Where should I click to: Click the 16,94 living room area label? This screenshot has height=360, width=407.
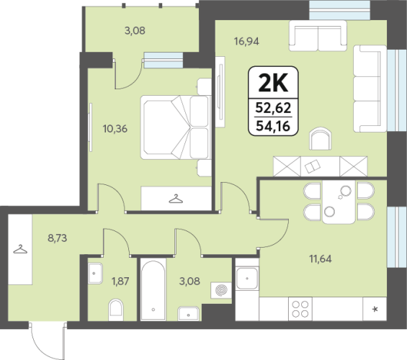pyautogui.click(x=246, y=41)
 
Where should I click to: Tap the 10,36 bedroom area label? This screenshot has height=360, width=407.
pyautogui.click(x=115, y=129)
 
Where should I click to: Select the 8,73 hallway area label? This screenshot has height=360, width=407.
pyautogui.click(x=58, y=238)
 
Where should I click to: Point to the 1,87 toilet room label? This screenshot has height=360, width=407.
pyautogui.click(x=120, y=281)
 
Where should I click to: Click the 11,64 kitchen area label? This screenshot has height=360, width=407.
pyautogui.click(x=321, y=259)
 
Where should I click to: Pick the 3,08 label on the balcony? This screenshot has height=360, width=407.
pyautogui.click(x=135, y=31)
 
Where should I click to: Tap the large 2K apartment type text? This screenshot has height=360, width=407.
pyautogui.click(x=273, y=83)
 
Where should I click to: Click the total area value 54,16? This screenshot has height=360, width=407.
pyautogui.click(x=273, y=126)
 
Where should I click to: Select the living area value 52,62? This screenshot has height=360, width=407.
pyautogui.click(x=273, y=108)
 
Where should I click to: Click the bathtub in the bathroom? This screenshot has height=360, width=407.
pyautogui.click(x=153, y=289)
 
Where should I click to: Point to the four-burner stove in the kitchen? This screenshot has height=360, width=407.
pyautogui.click(x=300, y=309)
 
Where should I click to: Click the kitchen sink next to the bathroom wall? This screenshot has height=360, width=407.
pyautogui.click(x=247, y=279)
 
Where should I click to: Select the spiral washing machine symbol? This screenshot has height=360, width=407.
pyautogui.click(x=221, y=290)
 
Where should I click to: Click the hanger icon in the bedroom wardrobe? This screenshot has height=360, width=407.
pyautogui.click(x=176, y=199)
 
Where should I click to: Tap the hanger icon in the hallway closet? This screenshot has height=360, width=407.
pyautogui.click(x=20, y=249)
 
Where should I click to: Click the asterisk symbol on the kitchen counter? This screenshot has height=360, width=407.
pyautogui.click(x=375, y=309)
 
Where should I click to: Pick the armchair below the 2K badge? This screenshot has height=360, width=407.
pyautogui.click(x=321, y=138)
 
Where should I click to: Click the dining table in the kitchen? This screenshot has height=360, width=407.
pyautogui.click(x=339, y=202)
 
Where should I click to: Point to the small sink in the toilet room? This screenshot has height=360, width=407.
pyautogui.click(x=95, y=274)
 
